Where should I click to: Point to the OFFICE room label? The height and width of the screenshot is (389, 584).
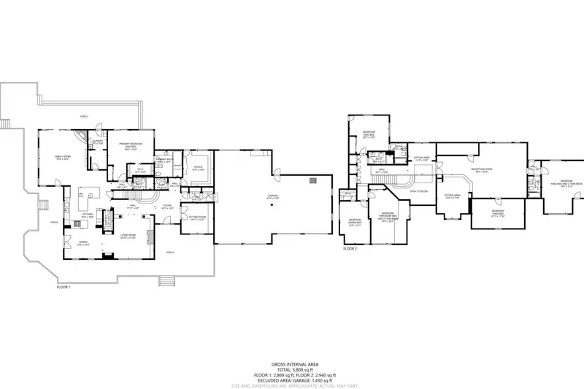[x=197, y=169]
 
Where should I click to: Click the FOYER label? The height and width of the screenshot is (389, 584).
[x=167, y=207]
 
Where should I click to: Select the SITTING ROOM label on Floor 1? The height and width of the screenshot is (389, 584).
[x=196, y=217]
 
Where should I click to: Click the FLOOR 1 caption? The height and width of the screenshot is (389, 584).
[x=64, y=287]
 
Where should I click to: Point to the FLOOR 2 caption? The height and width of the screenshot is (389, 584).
[x=350, y=249]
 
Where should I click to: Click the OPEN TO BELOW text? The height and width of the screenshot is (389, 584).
[x=418, y=192]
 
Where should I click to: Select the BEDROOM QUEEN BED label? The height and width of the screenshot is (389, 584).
[x=356, y=222]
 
